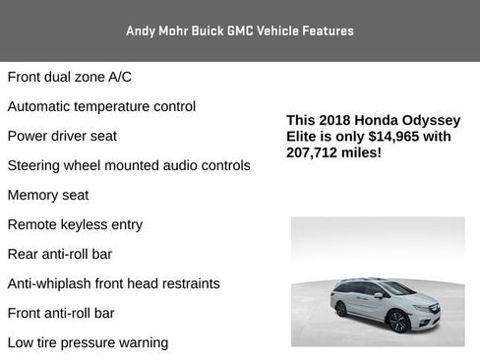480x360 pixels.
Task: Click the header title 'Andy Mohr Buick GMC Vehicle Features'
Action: tap(240, 30)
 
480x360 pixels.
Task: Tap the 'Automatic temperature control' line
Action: tap(101, 106)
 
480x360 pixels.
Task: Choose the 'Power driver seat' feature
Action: tap(62, 136)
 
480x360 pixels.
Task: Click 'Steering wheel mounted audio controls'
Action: tap(129, 165)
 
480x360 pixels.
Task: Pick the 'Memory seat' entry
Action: tap(47, 195)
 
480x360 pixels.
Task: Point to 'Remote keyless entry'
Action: tap(75, 224)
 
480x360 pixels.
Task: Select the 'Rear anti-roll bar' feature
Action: tap(59, 254)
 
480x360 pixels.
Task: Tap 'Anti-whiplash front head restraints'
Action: tap(113, 283)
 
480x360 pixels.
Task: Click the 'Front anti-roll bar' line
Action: tap(61, 313)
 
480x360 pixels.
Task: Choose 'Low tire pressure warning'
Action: tap(88, 342)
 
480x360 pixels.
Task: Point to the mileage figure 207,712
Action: tap(317, 153)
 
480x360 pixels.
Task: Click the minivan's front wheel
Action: tap(399, 321)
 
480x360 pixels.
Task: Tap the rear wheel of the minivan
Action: tap(340, 309)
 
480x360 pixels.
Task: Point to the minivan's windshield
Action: tap(398, 289)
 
